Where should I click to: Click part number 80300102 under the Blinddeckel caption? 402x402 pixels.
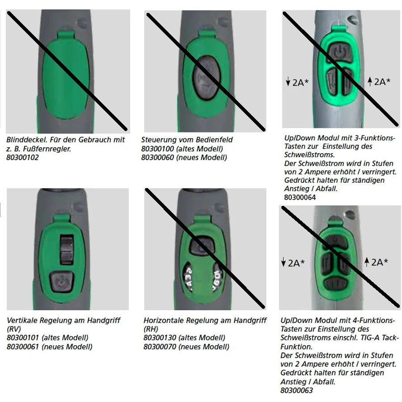point(23,157)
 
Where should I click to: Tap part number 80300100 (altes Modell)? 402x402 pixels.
point(158,149)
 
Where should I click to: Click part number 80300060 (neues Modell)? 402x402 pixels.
point(158,157)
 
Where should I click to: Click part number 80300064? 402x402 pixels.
point(300,197)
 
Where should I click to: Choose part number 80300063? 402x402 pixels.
point(297,390)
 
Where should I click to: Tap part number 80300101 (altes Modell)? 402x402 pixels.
point(23,338)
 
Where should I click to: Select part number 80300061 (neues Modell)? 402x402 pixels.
point(23,347)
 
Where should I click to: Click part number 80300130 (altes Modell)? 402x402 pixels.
point(160,338)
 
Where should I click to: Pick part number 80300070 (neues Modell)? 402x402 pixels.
point(160,347)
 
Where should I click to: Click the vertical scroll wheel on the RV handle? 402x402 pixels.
point(67,249)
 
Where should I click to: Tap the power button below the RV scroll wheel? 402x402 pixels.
point(62,282)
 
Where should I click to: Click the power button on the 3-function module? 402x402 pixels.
point(340,53)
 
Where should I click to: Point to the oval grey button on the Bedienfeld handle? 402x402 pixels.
point(206,78)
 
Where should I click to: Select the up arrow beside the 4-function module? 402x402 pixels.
point(367,262)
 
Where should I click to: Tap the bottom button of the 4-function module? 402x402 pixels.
point(335,284)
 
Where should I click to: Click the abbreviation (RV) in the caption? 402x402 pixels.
point(14,329)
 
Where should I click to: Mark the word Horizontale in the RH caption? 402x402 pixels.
point(163,320)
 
